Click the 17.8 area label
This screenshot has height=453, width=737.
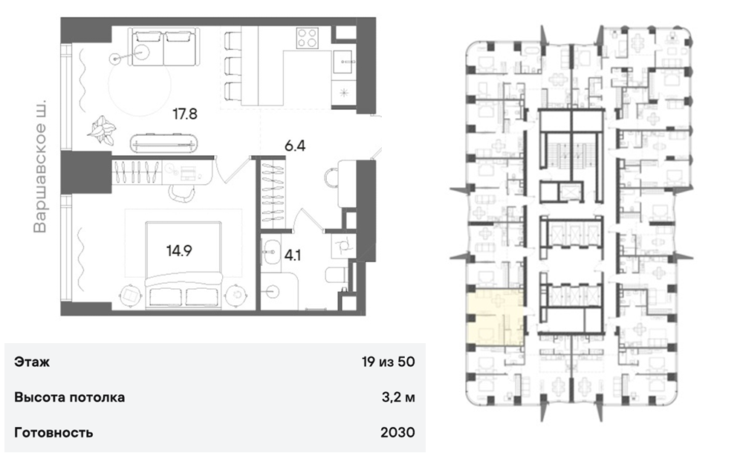click(185, 114)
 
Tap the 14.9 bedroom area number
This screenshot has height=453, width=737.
click(179, 251)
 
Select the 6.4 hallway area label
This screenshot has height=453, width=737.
click(295, 146)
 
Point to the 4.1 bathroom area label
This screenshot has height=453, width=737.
click(293, 255)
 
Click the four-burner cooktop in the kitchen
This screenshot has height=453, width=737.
click(308, 38)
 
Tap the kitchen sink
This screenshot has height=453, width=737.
click(344, 62)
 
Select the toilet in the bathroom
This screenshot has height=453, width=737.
click(337, 276)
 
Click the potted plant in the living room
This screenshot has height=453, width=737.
click(103, 129)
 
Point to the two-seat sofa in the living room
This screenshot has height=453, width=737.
click(163, 47)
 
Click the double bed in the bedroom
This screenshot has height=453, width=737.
click(184, 264)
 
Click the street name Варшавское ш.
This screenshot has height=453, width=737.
click(40, 166)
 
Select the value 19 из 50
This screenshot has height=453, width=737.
click(389, 362)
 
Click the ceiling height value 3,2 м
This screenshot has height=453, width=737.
click(398, 397)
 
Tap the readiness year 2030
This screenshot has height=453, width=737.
click(397, 432)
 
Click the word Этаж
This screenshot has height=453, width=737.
click(32, 362)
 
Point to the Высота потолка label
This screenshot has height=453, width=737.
click(70, 397)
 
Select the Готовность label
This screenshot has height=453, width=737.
click(53, 432)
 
